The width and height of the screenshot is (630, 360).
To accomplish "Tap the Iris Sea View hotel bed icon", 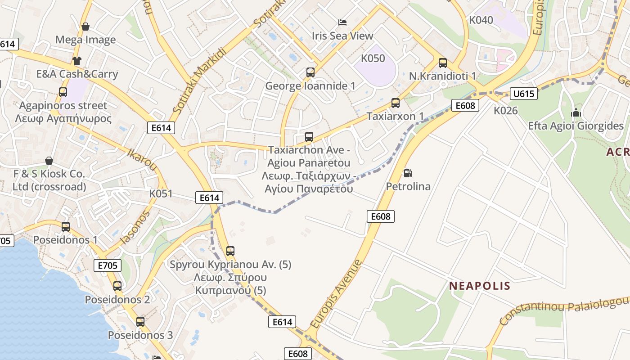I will (342, 22).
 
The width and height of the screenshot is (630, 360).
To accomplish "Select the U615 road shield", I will (524, 94).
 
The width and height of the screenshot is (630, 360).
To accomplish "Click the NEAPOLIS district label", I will (480, 286).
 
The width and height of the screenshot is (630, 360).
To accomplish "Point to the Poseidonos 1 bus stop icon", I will (66, 226).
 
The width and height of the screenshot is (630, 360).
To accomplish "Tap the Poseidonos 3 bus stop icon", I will (140, 321).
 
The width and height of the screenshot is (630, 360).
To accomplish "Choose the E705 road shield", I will (108, 265).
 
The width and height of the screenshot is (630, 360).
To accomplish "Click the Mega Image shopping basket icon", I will (85, 27).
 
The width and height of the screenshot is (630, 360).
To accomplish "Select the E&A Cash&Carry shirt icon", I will (77, 60).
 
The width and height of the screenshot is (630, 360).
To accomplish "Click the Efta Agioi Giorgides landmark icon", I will (576, 112).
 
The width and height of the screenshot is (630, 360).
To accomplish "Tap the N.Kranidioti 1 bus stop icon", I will (442, 63).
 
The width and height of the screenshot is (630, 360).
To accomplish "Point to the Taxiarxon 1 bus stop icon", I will (395, 103).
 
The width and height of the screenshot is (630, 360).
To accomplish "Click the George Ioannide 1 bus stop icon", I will (310, 72).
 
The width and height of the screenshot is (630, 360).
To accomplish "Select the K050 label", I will (373, 58).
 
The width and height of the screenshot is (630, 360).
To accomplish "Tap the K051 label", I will (161, 194).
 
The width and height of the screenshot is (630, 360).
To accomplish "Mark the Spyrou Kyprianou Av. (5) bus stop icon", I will (230, 251).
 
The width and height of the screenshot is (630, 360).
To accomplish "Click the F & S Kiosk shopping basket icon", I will (49, 161).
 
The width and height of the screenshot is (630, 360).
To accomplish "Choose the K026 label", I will (505, 110).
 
